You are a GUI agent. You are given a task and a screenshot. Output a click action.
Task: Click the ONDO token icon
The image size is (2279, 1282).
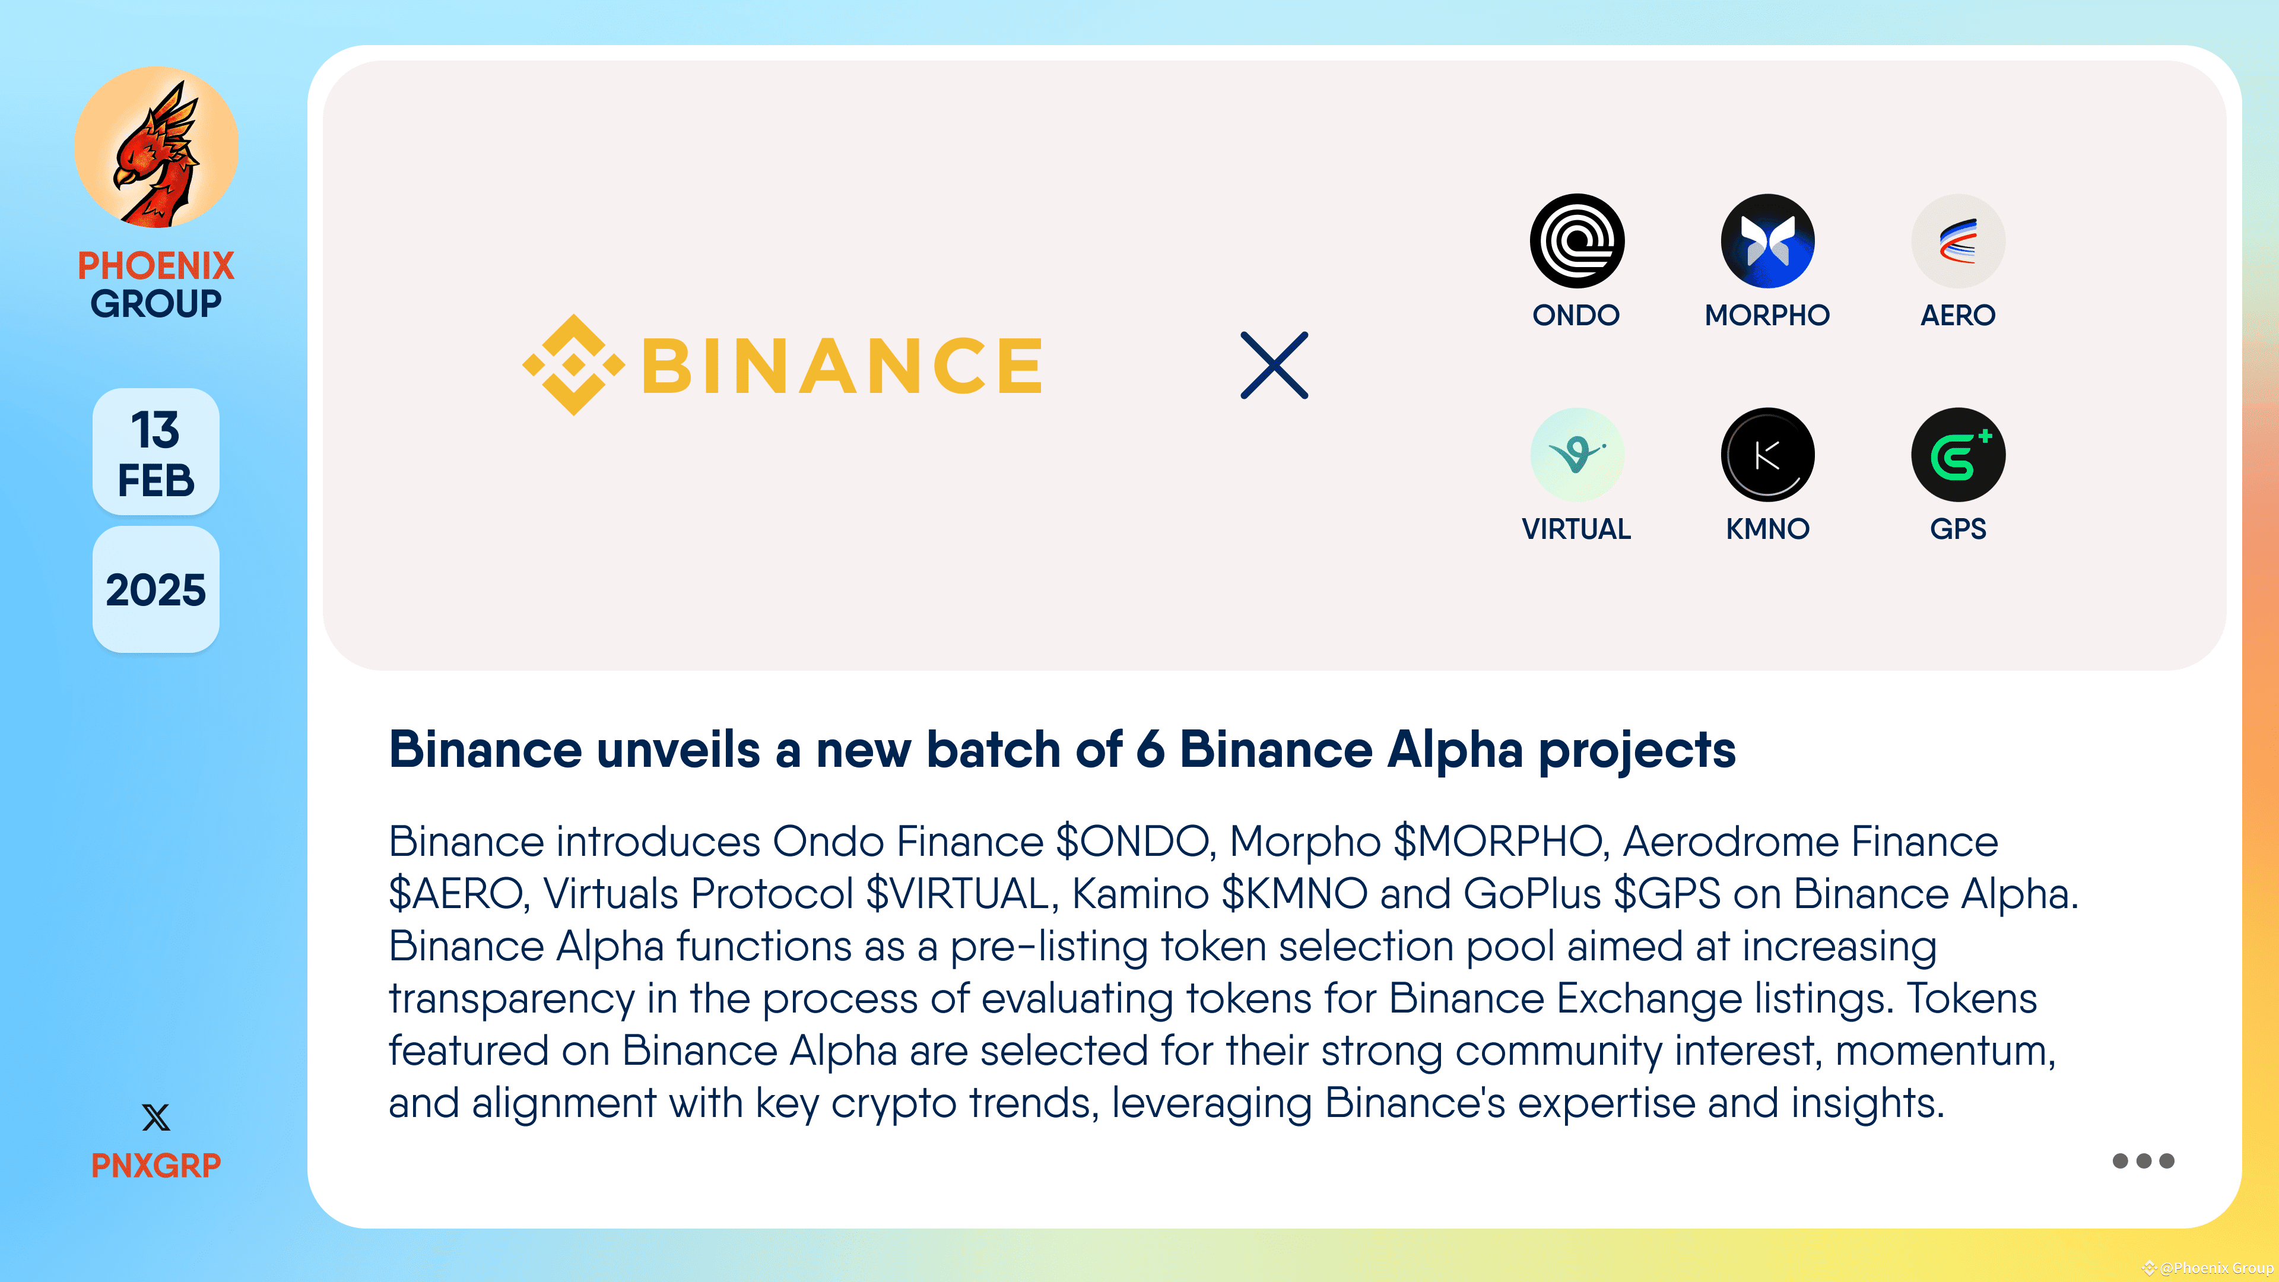1576,240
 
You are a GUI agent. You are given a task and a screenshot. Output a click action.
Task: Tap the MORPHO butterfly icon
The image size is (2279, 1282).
1767,240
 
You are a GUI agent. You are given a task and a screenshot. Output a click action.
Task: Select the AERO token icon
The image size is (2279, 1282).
1958,240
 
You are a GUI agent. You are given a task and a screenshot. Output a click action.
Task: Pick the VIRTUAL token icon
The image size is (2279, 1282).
1576,455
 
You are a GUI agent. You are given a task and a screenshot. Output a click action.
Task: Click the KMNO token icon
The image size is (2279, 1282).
1767,455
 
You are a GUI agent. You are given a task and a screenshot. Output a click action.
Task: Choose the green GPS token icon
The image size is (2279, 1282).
1958,455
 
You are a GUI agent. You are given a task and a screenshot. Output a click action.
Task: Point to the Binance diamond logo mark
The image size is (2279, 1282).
573,364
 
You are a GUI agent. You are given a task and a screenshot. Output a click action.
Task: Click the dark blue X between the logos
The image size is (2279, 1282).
1274,366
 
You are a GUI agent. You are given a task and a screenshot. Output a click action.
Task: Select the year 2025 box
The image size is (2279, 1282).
155,589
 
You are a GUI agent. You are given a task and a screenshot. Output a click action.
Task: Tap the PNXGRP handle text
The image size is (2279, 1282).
155,1165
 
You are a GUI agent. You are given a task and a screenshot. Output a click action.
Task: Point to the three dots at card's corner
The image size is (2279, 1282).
2142,1161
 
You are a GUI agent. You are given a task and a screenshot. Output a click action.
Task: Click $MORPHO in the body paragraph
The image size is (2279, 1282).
1499,842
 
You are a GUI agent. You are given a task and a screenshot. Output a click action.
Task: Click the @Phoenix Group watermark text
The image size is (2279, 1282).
2215,1268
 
